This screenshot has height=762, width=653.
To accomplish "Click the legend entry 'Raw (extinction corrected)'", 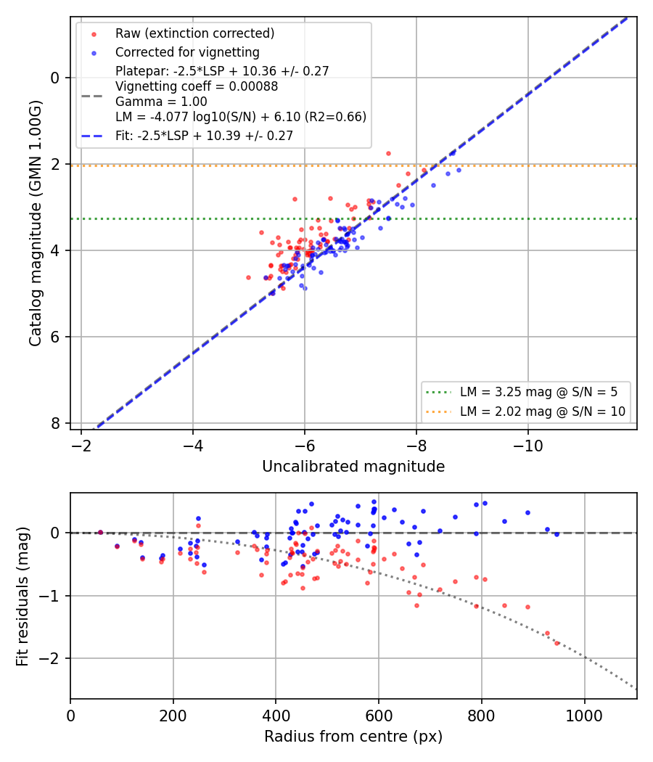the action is tap(195, 33).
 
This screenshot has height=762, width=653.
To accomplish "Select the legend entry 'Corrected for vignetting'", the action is tap(187, 52).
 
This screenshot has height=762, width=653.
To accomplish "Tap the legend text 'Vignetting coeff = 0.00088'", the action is tap(197, 86).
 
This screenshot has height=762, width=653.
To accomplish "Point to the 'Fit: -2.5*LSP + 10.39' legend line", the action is tap(204, 136).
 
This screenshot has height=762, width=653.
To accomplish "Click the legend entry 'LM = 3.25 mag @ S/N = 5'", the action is tap(538, 392).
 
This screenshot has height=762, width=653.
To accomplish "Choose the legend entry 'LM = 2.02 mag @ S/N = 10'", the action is tap(542, 411).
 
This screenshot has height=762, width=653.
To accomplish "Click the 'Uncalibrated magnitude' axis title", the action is tap(353, 467).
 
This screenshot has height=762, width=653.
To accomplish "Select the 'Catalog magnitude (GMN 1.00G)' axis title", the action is tap(35, 223).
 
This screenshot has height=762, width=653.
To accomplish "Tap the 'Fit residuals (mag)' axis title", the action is tap(22, 597).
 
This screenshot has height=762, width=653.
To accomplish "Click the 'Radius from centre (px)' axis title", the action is tap(353, 737).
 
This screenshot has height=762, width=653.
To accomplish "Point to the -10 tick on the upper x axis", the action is tap(528, 446).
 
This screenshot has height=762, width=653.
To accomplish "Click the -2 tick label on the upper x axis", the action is tap(81, 446).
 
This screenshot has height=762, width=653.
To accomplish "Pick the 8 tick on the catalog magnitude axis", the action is tap(55, 423).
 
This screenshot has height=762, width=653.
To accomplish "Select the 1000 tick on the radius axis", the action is tap(585, 716).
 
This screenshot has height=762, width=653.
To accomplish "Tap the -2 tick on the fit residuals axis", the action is tap(50, 658).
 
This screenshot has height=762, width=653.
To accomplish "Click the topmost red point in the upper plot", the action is tap(388, 154).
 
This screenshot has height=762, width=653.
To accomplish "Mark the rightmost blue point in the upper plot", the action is tap(459, 170).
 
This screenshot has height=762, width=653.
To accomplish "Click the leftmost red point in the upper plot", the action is tap(248, 277).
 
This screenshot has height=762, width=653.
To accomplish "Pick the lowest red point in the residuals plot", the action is tap(557, 643).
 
